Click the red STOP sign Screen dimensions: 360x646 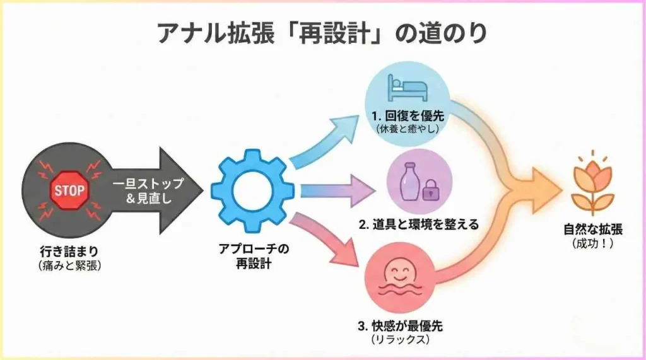coord(69,189)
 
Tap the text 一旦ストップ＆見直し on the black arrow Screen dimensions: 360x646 coord(148,190)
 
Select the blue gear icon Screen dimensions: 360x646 coord(252,190)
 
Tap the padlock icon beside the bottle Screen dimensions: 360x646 coord(430,189)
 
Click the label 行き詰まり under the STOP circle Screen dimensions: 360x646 coord(69,251)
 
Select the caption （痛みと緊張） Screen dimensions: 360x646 coord(69,265)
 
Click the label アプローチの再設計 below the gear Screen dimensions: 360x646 coord(252,257)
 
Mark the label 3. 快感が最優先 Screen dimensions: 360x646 coord(401,326)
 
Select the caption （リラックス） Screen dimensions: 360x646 coord(401,340)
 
